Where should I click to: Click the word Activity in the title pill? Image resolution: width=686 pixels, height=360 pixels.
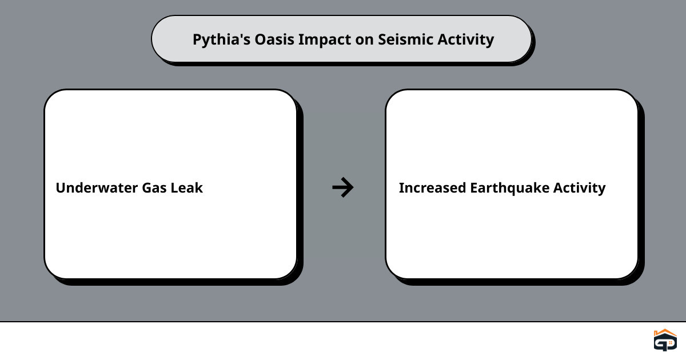465,40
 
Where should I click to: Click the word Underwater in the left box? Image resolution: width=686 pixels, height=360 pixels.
97,187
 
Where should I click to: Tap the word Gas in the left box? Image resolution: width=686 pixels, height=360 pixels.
154,188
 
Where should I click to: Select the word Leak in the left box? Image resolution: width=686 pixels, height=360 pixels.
186,187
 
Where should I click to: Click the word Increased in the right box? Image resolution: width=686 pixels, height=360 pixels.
432,187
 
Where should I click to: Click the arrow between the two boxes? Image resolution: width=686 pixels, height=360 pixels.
343,187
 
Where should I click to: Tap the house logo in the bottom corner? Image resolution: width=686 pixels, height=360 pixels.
665,340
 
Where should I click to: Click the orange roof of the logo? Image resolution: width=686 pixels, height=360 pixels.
665,333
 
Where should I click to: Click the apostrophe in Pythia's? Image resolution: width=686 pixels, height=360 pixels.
237,35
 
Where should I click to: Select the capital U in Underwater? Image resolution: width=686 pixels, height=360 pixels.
61,188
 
